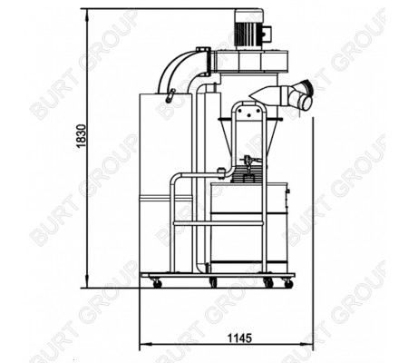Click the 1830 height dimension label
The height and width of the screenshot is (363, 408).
[x=82, y=136]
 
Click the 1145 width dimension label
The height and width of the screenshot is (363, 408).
[x=239, y=338]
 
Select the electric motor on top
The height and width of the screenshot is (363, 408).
[x=249, y=29]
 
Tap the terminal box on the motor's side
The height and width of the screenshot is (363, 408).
[x=267, y=33]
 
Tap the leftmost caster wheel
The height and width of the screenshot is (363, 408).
[x=157, y=283]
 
